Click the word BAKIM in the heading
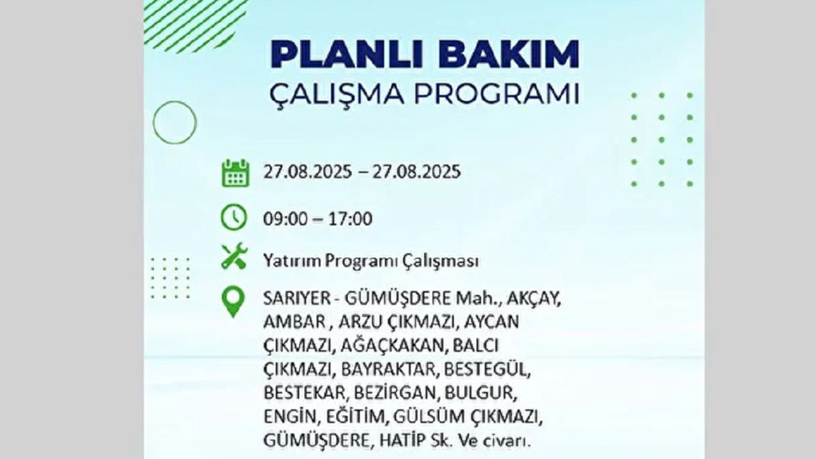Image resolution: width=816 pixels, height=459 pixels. point(508,54)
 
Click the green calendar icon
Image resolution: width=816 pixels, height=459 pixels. point(235,173)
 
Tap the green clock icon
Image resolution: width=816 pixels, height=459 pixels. point(233,217)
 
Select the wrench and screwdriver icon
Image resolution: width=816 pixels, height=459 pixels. point(234,256)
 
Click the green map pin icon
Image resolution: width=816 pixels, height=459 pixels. point(233,302)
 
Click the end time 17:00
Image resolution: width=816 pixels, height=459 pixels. point(351,219)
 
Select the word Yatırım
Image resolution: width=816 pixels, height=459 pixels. point(291,261)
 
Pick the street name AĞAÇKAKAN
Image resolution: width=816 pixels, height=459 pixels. point(391,346)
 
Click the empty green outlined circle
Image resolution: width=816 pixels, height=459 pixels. point(175,122)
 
